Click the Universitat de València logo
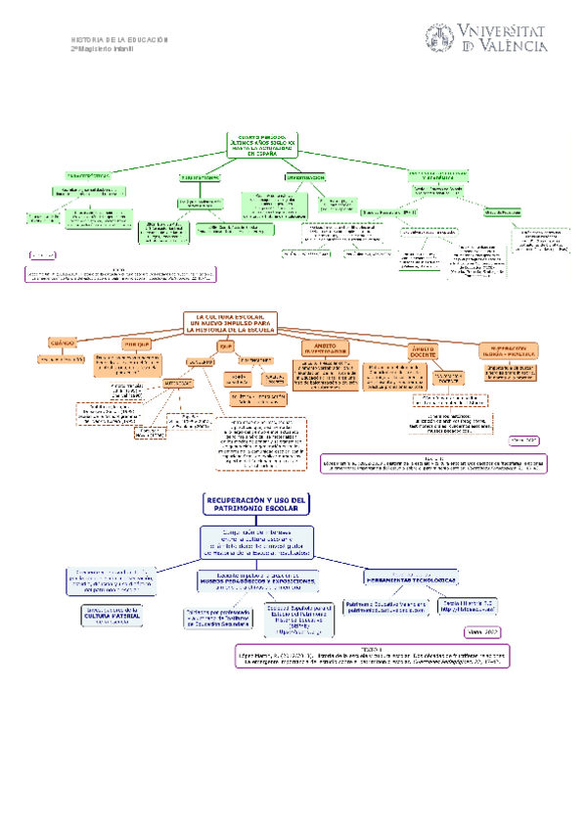tap(485, 39)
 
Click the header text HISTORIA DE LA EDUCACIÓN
tap(120, 39)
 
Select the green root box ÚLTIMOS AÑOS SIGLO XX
tap(261, 145)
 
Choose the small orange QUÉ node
tap(227, 346)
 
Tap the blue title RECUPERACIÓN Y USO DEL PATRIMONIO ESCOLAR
tap(256, 504)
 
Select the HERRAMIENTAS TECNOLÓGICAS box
tap(411, 577)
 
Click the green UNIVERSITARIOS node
tap(199, 177)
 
